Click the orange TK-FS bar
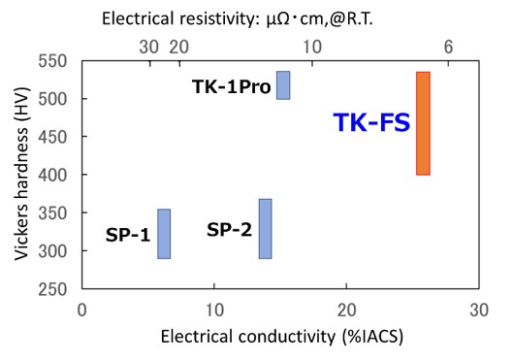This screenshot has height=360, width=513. pos(423,123)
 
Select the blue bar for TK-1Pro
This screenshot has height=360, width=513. pos(283,85)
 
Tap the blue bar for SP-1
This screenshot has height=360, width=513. pos(164,234)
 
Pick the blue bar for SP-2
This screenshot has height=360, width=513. pos(265,229)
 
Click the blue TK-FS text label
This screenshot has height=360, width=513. pos(371,123)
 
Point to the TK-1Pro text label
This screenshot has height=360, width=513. pos(233,85)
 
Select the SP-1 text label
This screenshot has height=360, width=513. pos(128,236)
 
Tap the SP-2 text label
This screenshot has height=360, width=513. pos(229,230)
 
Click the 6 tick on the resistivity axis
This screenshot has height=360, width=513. pos(448,47)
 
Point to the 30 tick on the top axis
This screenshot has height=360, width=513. pos(148,47)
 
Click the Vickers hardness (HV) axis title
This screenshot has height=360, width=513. pos(22,175)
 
